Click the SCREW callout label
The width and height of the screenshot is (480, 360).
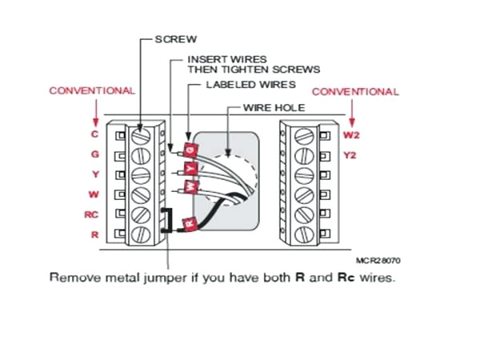click(174, 39)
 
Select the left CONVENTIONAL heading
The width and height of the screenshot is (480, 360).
click(93, 90)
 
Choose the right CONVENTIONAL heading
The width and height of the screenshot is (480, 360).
click(354, 91)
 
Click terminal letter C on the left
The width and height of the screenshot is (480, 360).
click(94, 134)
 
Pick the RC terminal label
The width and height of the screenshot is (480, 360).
click(92, 214)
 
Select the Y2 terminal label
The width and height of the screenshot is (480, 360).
click(350, 155)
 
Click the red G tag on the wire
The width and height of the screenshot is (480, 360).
click(190, 150)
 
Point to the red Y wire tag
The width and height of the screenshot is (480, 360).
click(190, 169)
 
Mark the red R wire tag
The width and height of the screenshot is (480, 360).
click(190, 225)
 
